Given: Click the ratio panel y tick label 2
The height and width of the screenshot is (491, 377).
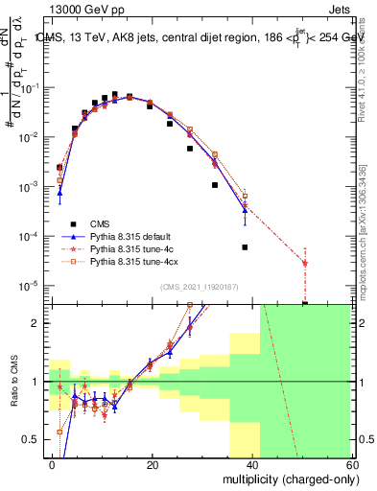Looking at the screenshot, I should (x=39, y=323).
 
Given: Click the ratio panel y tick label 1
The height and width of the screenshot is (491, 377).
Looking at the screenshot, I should (x=39, y=382).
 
